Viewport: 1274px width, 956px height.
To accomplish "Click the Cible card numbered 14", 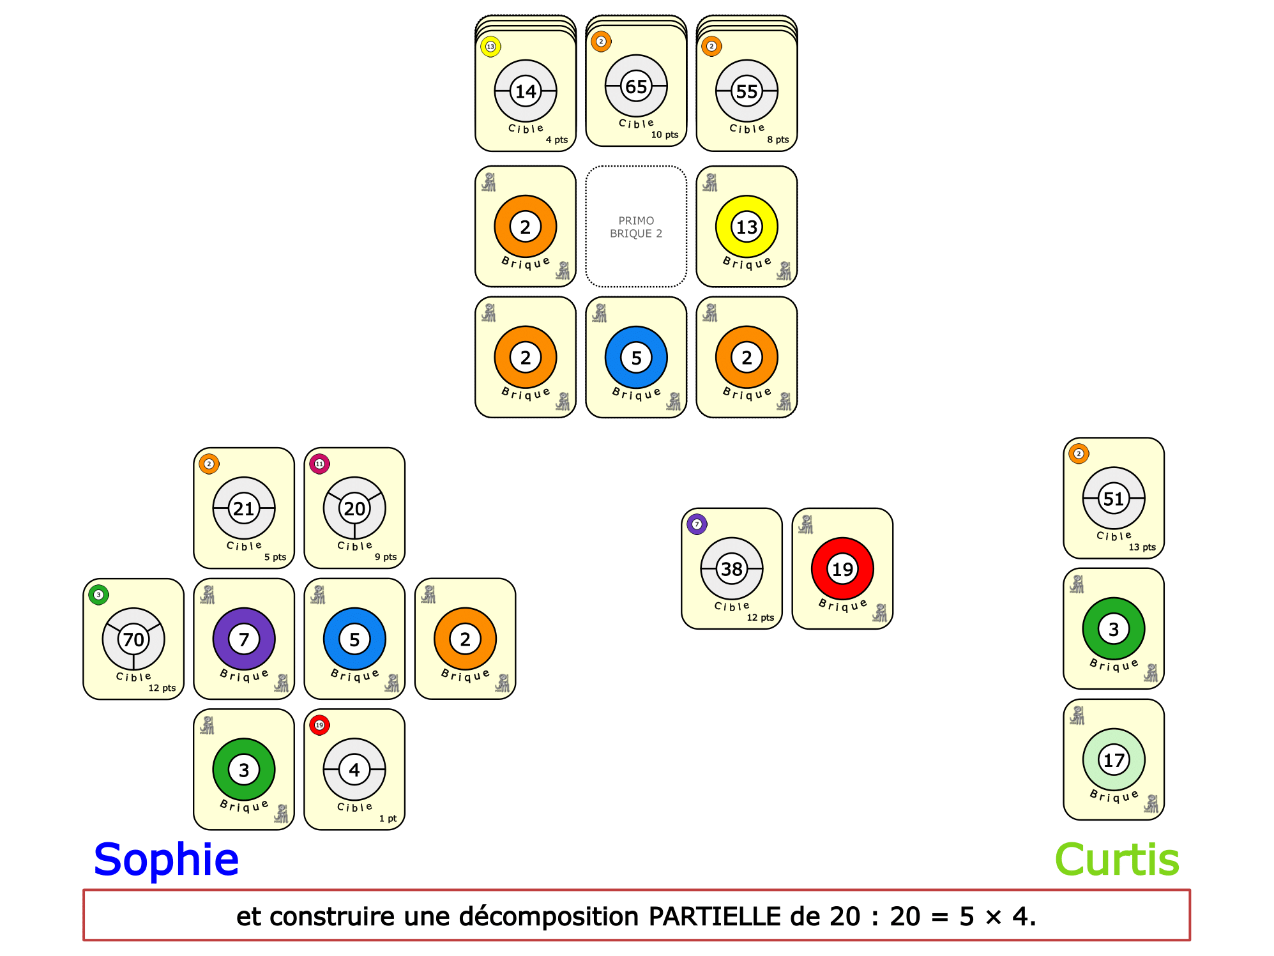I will click(x=525, y=91).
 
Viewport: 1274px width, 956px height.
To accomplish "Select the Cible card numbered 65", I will click(x=635, y=86).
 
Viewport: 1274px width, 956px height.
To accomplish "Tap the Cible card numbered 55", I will click(x=746, y=91).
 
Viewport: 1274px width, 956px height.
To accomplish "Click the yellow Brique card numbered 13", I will click(x=746, y=227).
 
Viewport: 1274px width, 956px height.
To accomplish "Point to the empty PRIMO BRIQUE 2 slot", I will click(x=635, y=227).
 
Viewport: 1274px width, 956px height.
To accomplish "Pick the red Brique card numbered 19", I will click(x=842, y=568).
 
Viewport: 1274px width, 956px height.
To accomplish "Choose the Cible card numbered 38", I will click(x=731, y=568).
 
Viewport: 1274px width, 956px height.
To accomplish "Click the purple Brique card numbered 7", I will click(x=243, y=639).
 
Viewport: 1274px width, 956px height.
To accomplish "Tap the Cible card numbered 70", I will click(x=133, y=639).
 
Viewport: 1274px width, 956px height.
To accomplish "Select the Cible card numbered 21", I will click(x=243, y=508).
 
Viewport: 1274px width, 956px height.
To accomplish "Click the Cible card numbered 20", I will click(x=354, y=508).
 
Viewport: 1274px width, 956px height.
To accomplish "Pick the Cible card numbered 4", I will click(x=354, y=770).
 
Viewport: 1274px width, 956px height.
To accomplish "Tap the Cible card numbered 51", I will click(x=1113, y=498).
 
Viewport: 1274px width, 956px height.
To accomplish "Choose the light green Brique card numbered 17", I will click(x=1113, y=759).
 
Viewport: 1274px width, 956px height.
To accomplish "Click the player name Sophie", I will click(x=166, y=859).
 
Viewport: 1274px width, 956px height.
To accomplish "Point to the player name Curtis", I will click(x=1116, y=859).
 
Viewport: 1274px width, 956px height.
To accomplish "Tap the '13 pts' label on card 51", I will click(x=1142, y=547).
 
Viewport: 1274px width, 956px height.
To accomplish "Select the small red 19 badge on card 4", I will click(x=319, y=725).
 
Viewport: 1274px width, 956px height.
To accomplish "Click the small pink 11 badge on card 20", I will click(x=319, y=464).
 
